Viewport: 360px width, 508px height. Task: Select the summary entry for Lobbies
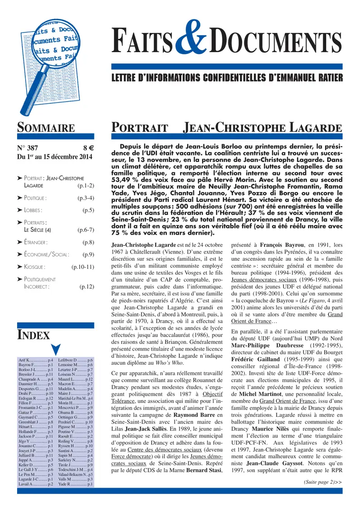click(34, 209)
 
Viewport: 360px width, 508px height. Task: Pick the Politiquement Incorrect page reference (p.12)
click(86, 298)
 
